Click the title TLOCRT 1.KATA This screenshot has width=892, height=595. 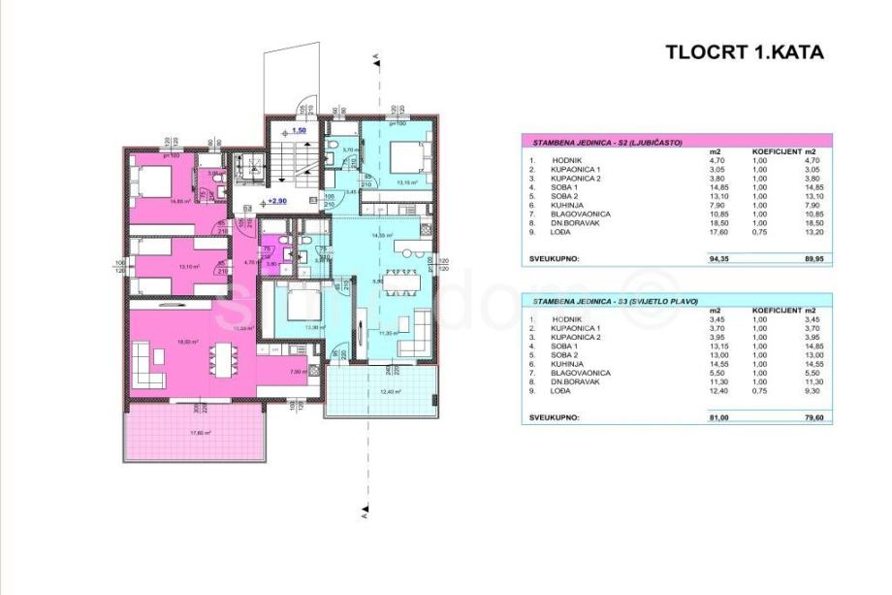(744, 52)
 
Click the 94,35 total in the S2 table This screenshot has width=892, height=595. (719, 259)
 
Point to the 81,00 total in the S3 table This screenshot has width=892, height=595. (719, 417)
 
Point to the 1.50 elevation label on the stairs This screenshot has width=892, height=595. (299, 129)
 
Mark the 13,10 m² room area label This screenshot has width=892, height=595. (162, 266)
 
